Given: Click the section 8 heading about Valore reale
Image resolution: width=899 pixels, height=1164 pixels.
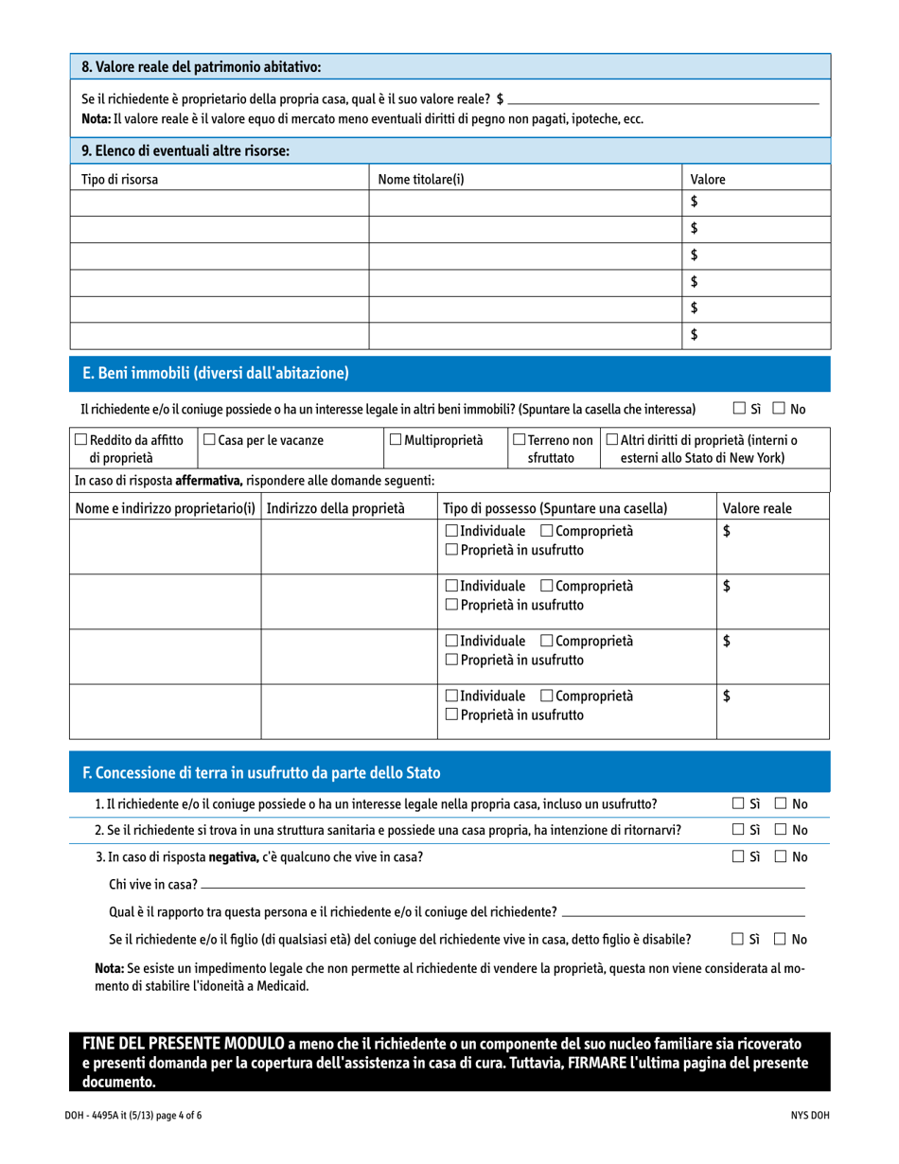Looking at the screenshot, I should [x=202, y=67].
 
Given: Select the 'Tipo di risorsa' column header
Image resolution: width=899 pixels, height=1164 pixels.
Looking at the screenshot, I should [x=120, y=179].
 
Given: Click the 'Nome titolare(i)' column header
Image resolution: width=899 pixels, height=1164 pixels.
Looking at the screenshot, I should [x=421, y=179].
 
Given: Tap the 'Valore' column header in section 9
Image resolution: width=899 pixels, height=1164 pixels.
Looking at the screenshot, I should [x=708, y=179].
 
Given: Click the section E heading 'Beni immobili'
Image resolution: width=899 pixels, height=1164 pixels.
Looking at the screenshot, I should [x=216, y=374].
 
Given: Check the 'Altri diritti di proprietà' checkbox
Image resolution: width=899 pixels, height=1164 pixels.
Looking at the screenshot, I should [x=611, y=440].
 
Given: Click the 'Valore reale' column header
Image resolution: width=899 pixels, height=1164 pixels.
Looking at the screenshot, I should [x=757, y=508].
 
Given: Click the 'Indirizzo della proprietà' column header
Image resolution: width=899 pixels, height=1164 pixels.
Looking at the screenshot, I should [x=336, y=508].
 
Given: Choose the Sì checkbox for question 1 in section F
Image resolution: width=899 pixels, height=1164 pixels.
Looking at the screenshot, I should [x=739, y=804].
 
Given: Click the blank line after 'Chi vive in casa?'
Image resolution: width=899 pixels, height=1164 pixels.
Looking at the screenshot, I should [x=502, y=886].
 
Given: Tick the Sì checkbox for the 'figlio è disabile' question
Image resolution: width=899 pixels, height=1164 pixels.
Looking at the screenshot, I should [x=739, y=939].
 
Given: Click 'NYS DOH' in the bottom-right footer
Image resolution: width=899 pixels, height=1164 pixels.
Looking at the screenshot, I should [x=810, y=1116].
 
